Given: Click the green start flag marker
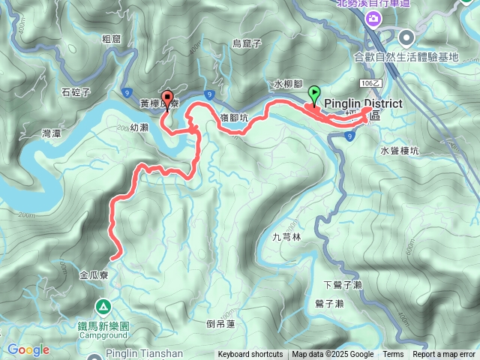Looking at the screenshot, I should [313, 95].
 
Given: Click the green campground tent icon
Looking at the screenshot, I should [103, 307].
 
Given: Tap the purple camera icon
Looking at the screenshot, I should [373, 19].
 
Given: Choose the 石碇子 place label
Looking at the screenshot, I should [76, 93].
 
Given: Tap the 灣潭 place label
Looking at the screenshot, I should [53, 133].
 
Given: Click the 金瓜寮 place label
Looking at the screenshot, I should [95, 275].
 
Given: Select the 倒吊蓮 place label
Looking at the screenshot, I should [220, 323].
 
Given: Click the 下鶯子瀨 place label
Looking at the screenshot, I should [343, 285].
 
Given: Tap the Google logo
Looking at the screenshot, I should [28, 349].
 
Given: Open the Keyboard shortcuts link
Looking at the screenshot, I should [250, 355].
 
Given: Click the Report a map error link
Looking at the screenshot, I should [444, 355].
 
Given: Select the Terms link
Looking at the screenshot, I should [393, 355].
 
